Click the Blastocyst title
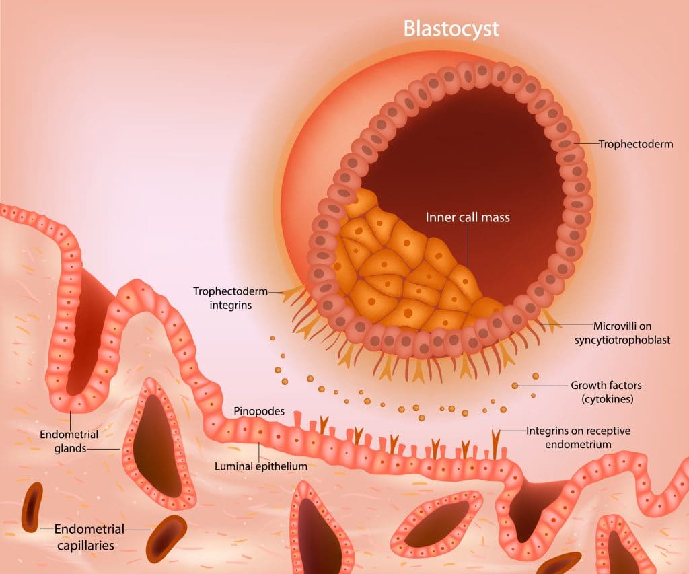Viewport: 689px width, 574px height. point(451,28)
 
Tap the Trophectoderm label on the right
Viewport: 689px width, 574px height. point(635,144)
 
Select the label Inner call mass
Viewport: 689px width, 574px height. point(468,217)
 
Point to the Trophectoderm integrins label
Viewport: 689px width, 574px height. point(230,298)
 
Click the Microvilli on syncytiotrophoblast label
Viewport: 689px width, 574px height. point(622,332)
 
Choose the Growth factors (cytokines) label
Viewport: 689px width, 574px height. point(606,392)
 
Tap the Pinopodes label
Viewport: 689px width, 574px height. point(259,411)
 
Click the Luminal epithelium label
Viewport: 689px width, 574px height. point(260,466)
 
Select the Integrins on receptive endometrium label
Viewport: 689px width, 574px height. point(578,437)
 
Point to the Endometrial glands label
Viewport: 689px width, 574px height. point(69,441)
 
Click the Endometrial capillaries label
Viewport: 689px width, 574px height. point(89,536)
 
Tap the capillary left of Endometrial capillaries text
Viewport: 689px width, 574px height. point(32,507)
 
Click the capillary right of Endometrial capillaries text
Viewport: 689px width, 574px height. point(166,539)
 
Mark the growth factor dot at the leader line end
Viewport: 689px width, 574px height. point(515,386)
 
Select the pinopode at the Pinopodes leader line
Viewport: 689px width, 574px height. point(298,417)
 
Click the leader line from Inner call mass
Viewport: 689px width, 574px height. point(468,248)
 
